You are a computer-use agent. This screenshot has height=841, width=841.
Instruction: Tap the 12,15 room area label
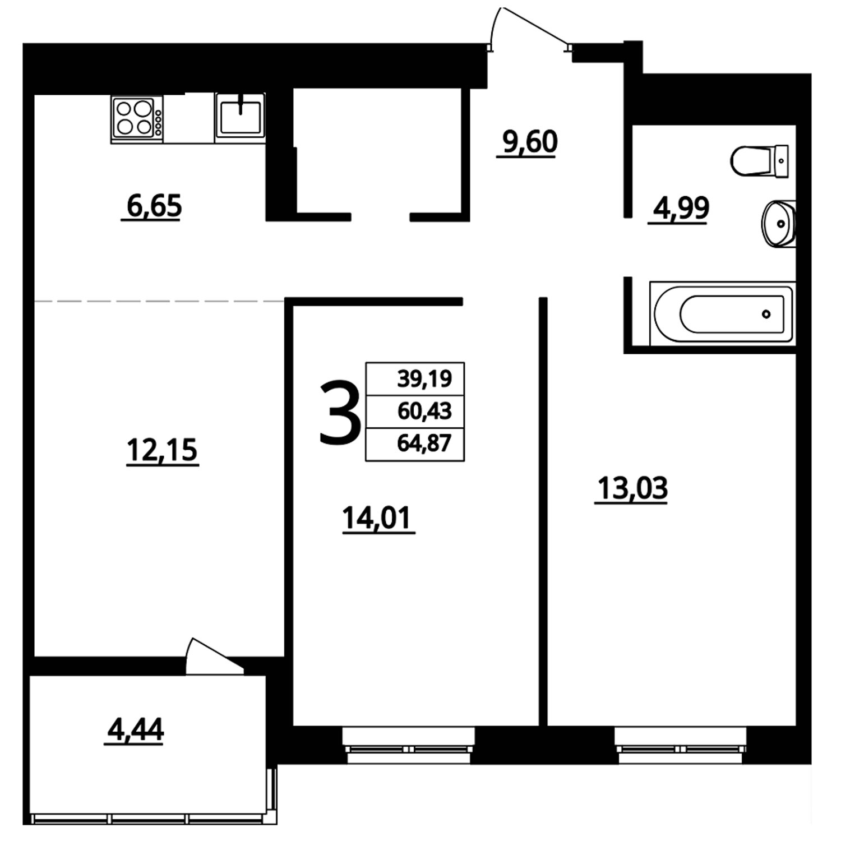[x=163, y=450]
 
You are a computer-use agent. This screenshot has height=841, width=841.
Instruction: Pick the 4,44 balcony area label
[x=135, y=729]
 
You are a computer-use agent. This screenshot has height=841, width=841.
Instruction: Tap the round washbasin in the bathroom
[x=778, y=223]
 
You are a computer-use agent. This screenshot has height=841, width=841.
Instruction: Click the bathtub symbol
[x=722, y=313]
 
